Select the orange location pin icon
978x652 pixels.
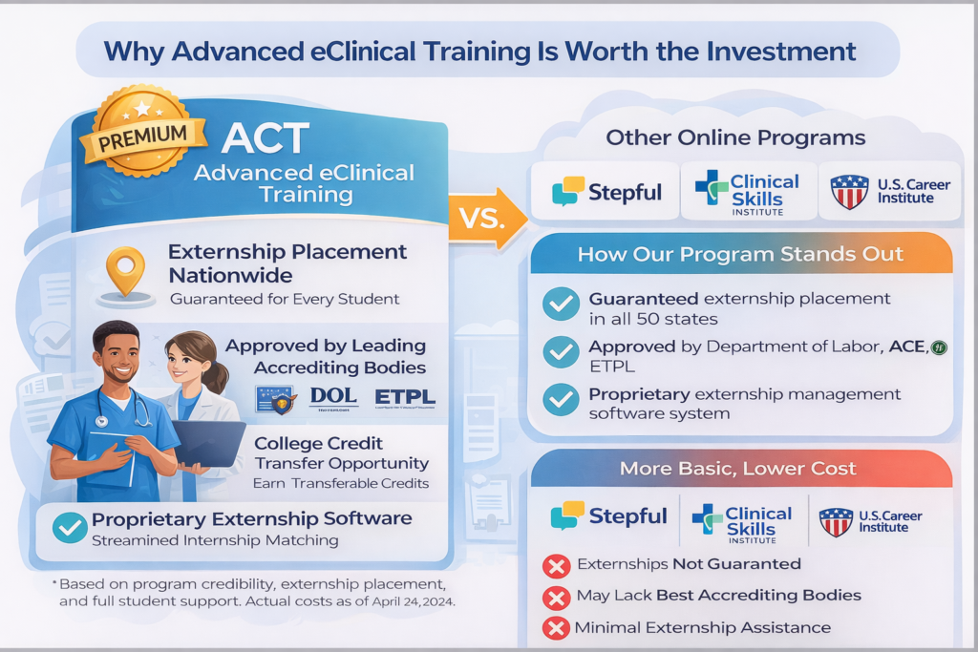point(125,272)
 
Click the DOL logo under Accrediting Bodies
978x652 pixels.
point(333,398)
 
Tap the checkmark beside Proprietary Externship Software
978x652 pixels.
point(70,527)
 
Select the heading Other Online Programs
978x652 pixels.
point(735,137)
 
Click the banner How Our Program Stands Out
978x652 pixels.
point(740,255)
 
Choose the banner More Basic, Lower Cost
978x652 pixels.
point(740,469)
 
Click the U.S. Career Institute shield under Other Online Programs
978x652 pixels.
point(849,191)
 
